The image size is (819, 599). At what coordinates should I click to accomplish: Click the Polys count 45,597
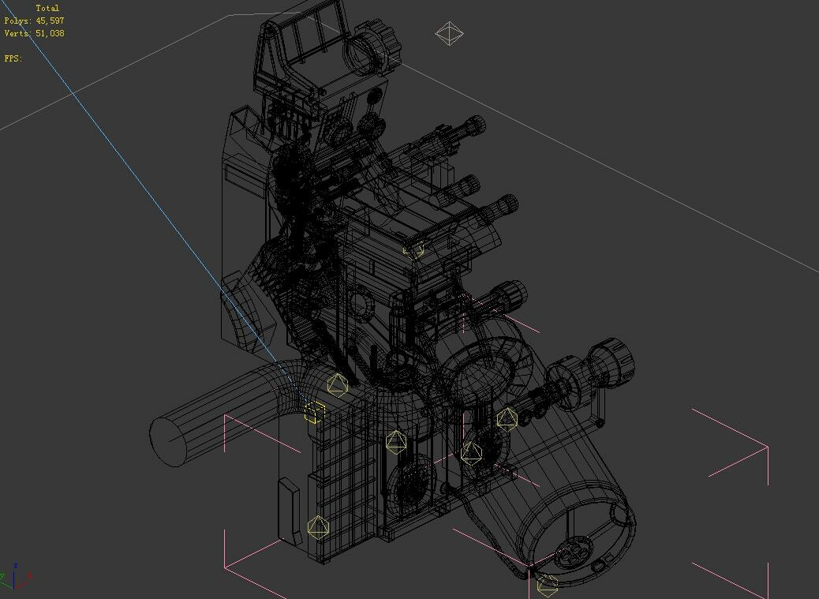pos(49,21)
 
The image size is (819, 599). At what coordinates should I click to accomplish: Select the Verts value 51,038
pos(49,33)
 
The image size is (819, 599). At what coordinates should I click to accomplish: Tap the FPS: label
pos(13,58)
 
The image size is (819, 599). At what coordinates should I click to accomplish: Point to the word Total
pos(47,8)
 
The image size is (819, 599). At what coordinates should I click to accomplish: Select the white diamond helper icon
pos(449,33)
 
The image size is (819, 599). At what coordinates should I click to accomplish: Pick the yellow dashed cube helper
pos(314,413)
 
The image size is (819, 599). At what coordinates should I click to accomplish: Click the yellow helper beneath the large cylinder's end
pos(547,585)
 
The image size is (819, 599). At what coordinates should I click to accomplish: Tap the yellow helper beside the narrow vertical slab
pos(317,527)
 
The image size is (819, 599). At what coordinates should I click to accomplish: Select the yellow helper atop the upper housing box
pos(413,249)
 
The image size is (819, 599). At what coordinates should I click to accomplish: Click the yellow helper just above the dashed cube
pos(338,385)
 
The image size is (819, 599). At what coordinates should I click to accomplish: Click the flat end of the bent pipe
pos(167,442)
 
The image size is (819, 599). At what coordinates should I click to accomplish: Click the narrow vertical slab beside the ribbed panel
pos(289,511)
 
